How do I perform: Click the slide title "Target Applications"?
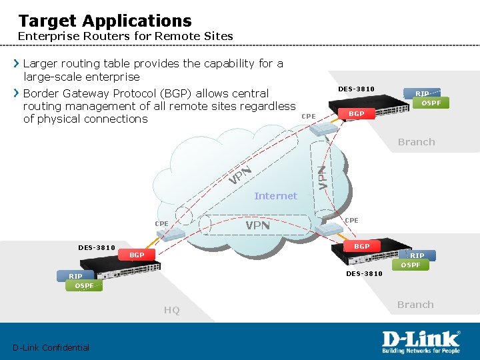(105, 21)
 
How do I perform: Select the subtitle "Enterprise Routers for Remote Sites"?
(125, 36)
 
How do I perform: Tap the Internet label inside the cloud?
(275, 196)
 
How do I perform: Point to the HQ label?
(171, 310)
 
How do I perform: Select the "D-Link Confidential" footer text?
(51, 347)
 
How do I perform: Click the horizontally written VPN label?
(257, 225)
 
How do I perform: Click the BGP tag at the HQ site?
(137, 255)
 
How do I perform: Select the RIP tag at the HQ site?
(75, 276)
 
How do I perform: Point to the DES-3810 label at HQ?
(97, 247)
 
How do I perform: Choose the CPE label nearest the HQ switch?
(161, 224)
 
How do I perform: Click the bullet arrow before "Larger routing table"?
(17, 64)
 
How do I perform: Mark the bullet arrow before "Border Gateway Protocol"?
(17, 93)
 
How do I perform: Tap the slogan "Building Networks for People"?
(421, 350)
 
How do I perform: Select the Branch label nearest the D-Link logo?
(415, 305)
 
